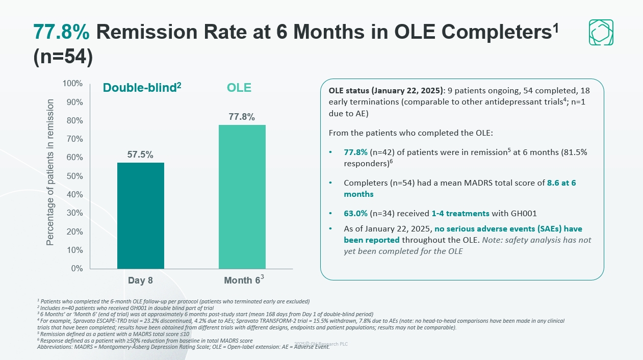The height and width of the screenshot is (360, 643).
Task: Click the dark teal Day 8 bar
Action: tap(140, 215)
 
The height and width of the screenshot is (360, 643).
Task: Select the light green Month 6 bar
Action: tap(242, 196)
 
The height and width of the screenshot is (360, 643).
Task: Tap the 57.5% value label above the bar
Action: tap(140, 155)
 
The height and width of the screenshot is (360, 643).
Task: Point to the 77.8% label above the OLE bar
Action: tap(242, 117)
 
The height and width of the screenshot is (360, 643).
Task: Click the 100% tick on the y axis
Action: tap(72, 84)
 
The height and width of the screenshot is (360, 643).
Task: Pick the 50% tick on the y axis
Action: tap(74, 176)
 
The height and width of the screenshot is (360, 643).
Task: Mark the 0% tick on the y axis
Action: tap(76, 268)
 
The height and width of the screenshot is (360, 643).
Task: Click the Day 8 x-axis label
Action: tap(140, 280)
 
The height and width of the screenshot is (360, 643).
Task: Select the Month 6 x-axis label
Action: tap(243, 280)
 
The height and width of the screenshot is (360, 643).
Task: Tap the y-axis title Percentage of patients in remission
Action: tap(50, 172)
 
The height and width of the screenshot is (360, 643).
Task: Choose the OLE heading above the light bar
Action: tap(239, 88)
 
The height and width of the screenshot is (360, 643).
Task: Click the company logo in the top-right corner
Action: tap(601, 32)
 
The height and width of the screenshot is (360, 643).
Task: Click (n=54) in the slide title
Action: tap(63, 57)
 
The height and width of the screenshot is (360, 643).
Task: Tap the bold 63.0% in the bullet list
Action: tap(355, 213)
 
